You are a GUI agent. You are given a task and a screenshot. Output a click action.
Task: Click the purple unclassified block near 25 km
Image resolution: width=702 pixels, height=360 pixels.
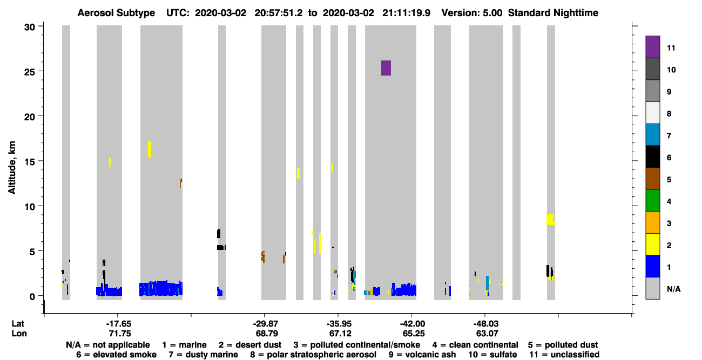click(x=386, y=68)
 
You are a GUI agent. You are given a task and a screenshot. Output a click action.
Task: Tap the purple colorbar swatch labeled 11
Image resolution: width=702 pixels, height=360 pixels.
click(x=652, y=47)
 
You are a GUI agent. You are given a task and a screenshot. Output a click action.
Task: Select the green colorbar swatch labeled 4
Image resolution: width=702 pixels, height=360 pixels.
click(x=652, y=201)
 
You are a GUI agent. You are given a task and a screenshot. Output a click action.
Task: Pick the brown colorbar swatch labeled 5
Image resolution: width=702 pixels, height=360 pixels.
click(x=652, y=179)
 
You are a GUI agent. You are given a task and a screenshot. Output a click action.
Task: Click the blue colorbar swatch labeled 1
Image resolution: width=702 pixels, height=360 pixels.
click(x=652, y=266)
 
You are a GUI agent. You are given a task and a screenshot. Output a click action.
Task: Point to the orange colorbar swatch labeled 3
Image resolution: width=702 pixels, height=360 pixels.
click(x=652, y=222)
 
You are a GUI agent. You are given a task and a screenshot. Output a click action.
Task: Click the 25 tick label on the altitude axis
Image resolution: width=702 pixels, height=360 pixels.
click(x=30, y=72)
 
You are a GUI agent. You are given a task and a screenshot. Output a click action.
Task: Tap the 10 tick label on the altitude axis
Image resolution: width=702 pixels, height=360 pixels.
click(x=30, y=207)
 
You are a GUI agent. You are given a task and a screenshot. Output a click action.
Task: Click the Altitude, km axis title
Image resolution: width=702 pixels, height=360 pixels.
click(x=12, y=168)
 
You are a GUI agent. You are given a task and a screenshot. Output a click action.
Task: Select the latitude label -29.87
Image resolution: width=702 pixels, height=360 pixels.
click(x=266, y=324)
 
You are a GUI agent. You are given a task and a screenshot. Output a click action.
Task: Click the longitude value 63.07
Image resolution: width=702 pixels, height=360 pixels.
click(x=487, y=334)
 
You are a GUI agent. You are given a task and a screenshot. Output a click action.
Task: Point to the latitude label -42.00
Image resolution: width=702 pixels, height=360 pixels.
click(x=413, y=324)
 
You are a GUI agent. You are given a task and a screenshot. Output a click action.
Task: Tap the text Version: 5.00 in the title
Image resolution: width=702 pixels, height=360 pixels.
click(x=471, y=13)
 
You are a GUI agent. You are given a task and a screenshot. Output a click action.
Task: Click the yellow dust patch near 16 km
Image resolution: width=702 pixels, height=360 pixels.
click(x=150, y=149)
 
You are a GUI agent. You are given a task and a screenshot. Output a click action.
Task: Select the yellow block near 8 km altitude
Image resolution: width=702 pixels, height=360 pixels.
click(x=550, y=219)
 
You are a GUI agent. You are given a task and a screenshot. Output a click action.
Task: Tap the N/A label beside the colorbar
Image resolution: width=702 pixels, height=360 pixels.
click(x=673, y=289)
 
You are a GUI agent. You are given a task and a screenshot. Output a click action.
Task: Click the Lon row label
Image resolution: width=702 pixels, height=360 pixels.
click(x=19, y=334)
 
